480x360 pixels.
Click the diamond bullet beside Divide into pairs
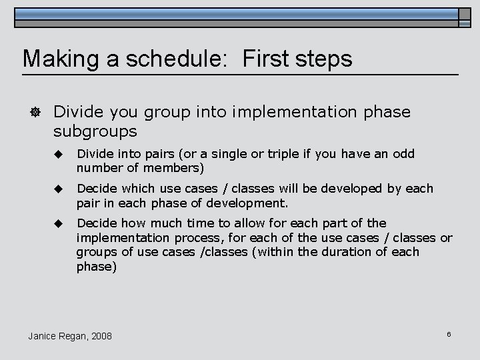click(58, 154)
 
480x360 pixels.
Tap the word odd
click(403, 154)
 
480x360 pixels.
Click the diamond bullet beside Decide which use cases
click(58, 189)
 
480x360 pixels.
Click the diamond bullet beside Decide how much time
click(58, 223)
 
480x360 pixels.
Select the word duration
click(351, 251)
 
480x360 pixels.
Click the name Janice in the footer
click(43, 336)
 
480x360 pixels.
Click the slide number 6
click(449, 334)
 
